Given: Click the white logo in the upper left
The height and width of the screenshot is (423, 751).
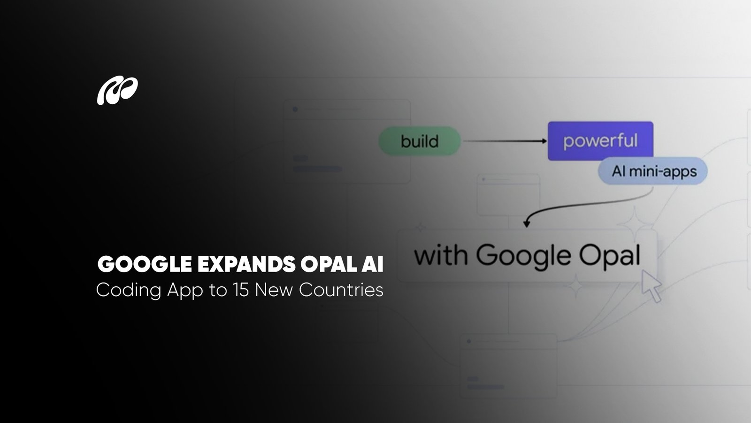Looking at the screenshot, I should click(x=117, y=91).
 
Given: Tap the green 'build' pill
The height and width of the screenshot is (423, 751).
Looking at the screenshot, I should click(x=419, y=141).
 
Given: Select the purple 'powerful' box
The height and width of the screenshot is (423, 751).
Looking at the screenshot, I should click(x=600, y=141).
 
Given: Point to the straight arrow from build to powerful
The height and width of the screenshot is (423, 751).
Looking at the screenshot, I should click(x=505, y=141).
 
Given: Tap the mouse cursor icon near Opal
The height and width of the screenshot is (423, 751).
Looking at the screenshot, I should click(x=651, y=285).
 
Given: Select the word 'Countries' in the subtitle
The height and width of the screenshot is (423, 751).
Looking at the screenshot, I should click(x=341, y=290).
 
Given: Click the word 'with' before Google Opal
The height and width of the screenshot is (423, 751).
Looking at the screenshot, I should click(x=440, y=256).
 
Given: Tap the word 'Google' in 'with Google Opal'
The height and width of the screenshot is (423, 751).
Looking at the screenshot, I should click(x=523, y=257).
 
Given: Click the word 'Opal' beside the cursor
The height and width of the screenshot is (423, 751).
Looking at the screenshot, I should click(x=609, y=257).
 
